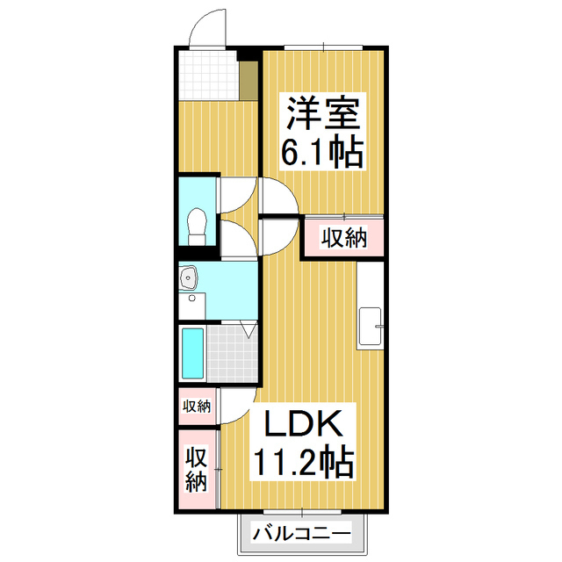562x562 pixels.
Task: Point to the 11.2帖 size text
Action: (304, 460)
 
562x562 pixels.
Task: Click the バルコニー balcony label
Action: (301, 532)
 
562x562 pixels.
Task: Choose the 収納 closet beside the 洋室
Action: (342, 238)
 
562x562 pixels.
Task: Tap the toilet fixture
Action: (196, 226)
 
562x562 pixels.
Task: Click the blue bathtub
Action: (191, 354)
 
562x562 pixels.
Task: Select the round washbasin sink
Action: (187, 279)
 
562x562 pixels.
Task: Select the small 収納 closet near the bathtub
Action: (197, 406)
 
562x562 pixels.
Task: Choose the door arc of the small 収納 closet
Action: (232, 406)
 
